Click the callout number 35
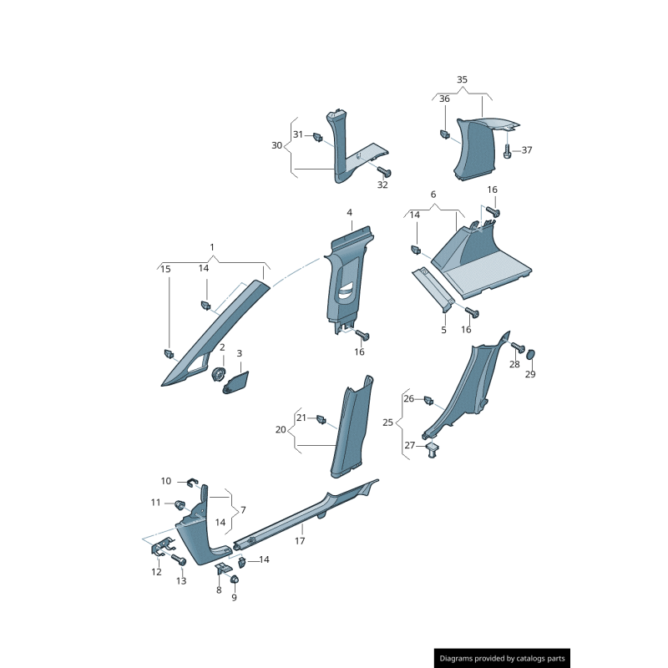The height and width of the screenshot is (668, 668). [x=462, y=79]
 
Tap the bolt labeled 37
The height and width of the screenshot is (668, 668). [x=508, y=150]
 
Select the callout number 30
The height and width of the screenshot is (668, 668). [x=277, y=145]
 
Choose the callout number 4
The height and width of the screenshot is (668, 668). [x=350, y=213]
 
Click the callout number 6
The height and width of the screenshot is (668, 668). [x=433, y=195]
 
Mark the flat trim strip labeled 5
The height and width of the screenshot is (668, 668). [x=434, y=287]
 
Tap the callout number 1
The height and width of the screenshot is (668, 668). [x=212, y=247]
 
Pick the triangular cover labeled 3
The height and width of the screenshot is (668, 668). [x=236, y=382]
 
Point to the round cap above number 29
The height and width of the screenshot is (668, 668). [x=530, y=354]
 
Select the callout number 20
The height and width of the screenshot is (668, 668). [x=281, y=429]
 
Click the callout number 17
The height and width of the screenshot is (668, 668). [x=300, y=540]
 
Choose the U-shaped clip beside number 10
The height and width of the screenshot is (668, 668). [x=190, y=481]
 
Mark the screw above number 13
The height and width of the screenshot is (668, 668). [x=178, y=560]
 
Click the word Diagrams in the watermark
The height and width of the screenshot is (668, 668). [x=461, y=659]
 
